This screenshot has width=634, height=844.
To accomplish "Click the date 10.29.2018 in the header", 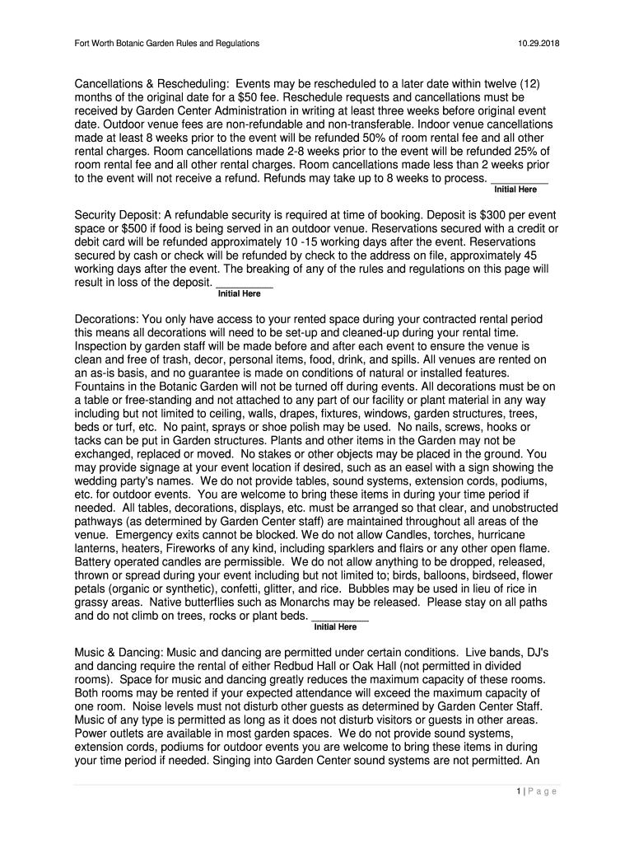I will (538, 43).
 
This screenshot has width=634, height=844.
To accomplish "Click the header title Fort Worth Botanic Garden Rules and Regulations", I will (167, 43).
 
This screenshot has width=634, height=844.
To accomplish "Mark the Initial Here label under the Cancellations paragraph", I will (515, 190).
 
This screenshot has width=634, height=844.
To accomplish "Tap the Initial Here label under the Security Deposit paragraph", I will (239, 294).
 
